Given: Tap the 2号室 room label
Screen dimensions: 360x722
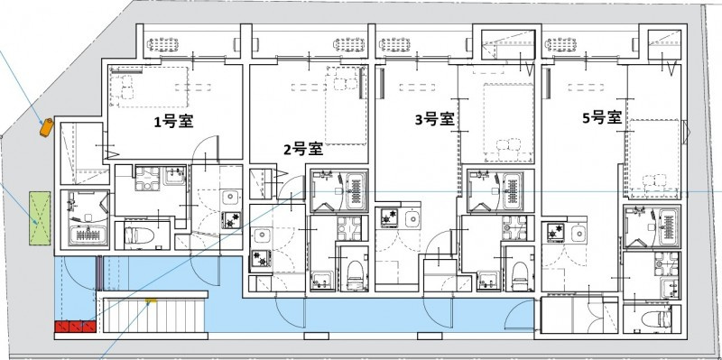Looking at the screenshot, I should (x=304, y=150).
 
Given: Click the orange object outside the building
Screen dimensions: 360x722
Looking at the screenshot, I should (x=45, y=127).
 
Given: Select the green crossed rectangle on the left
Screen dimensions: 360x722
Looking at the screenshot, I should (x=39, y=219).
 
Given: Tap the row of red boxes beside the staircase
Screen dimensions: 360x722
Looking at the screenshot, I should (x=72, y=327).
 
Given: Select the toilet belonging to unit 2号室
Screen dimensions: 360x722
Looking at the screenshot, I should (x=354, y=270).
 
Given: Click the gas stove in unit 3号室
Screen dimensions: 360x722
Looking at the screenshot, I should (x=392, y=217).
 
